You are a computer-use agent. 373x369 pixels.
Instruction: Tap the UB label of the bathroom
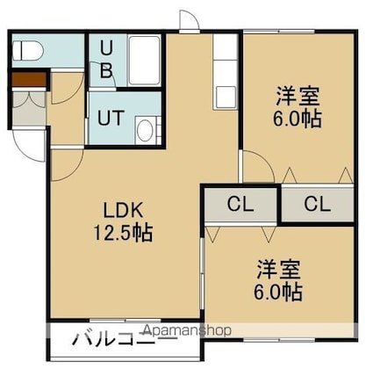[x=106, y=60]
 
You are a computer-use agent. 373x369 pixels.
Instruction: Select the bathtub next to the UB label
[x=145, y=61]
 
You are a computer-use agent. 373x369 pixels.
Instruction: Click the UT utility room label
[x=111, y=118]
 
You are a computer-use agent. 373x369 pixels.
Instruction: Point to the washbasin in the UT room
[x=146, y=131]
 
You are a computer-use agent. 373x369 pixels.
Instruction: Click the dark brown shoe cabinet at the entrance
[x=29, y=79]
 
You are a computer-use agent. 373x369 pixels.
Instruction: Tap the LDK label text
[x=123, y=210]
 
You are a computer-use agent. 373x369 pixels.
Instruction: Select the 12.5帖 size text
[x=123, y=233]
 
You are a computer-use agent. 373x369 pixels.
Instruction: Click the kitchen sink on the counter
[x=225, y=98]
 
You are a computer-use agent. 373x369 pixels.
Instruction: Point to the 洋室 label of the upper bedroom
[x=298, y=96]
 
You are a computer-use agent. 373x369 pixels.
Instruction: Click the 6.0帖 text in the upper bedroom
[x=298, y=119]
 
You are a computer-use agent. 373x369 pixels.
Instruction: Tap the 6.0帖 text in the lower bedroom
[x=278, y=292]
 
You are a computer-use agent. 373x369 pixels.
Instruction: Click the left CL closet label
[x=240, y=204]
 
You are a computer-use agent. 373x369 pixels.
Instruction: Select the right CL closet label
[x=318, y=204]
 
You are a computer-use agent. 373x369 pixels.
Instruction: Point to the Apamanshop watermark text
[x=187, y=330]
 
